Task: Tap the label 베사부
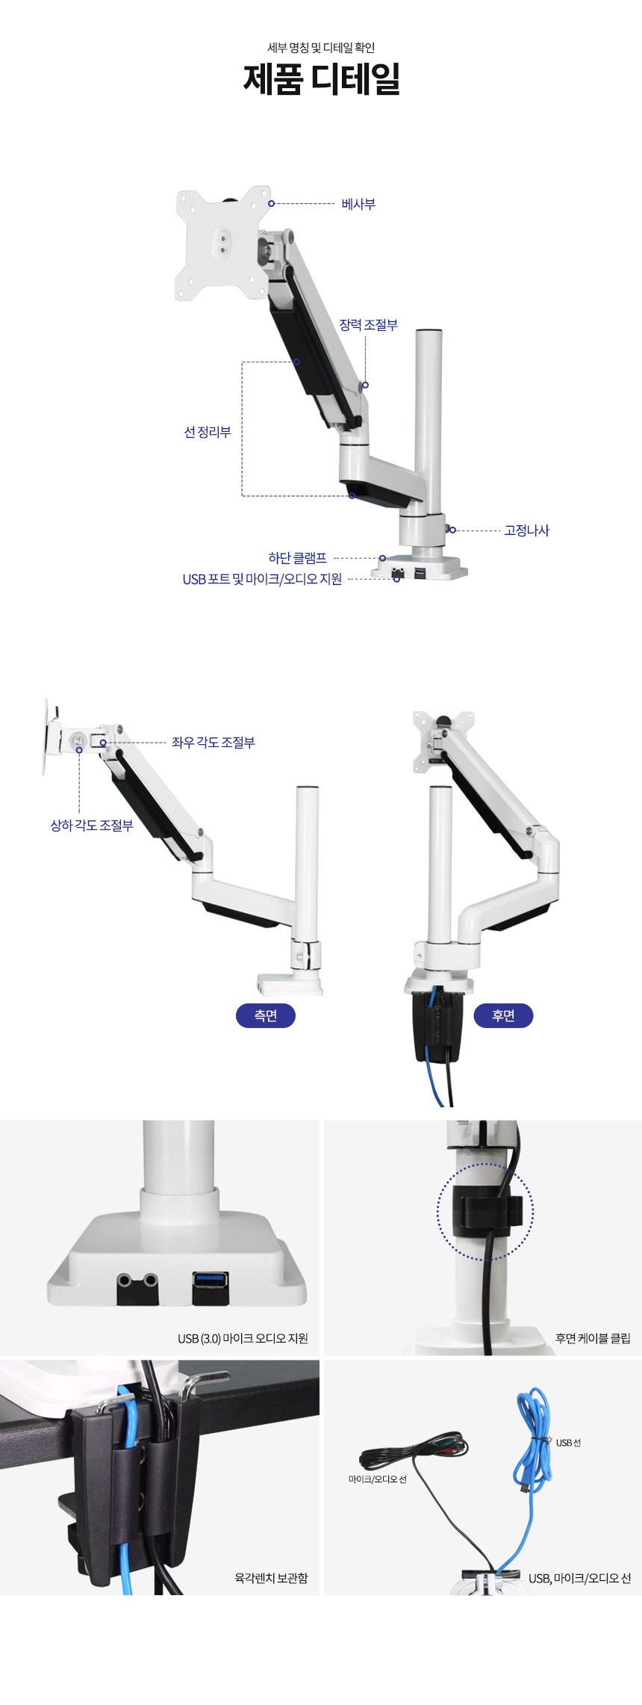point(358,204)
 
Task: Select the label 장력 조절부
point(369,325)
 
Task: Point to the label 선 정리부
point(208,432)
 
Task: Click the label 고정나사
point(526,530)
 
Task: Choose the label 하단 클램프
point(297,558)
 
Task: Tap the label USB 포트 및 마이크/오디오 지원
point(262,579)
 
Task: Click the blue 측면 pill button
point(266,1015)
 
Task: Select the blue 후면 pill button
point(503,1015)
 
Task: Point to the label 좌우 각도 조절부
point(214,743)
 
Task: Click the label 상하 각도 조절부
point(92,826)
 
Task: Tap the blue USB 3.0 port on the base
point(211,1280)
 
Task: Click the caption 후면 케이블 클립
point(593,1338)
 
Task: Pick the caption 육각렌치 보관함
point(271,1578)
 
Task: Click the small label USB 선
point(568,1443)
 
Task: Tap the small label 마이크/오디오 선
point(378,1479)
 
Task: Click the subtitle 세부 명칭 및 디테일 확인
point(321,48)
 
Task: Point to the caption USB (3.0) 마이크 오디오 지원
point(243,1338)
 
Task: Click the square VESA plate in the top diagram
point(222,243)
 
